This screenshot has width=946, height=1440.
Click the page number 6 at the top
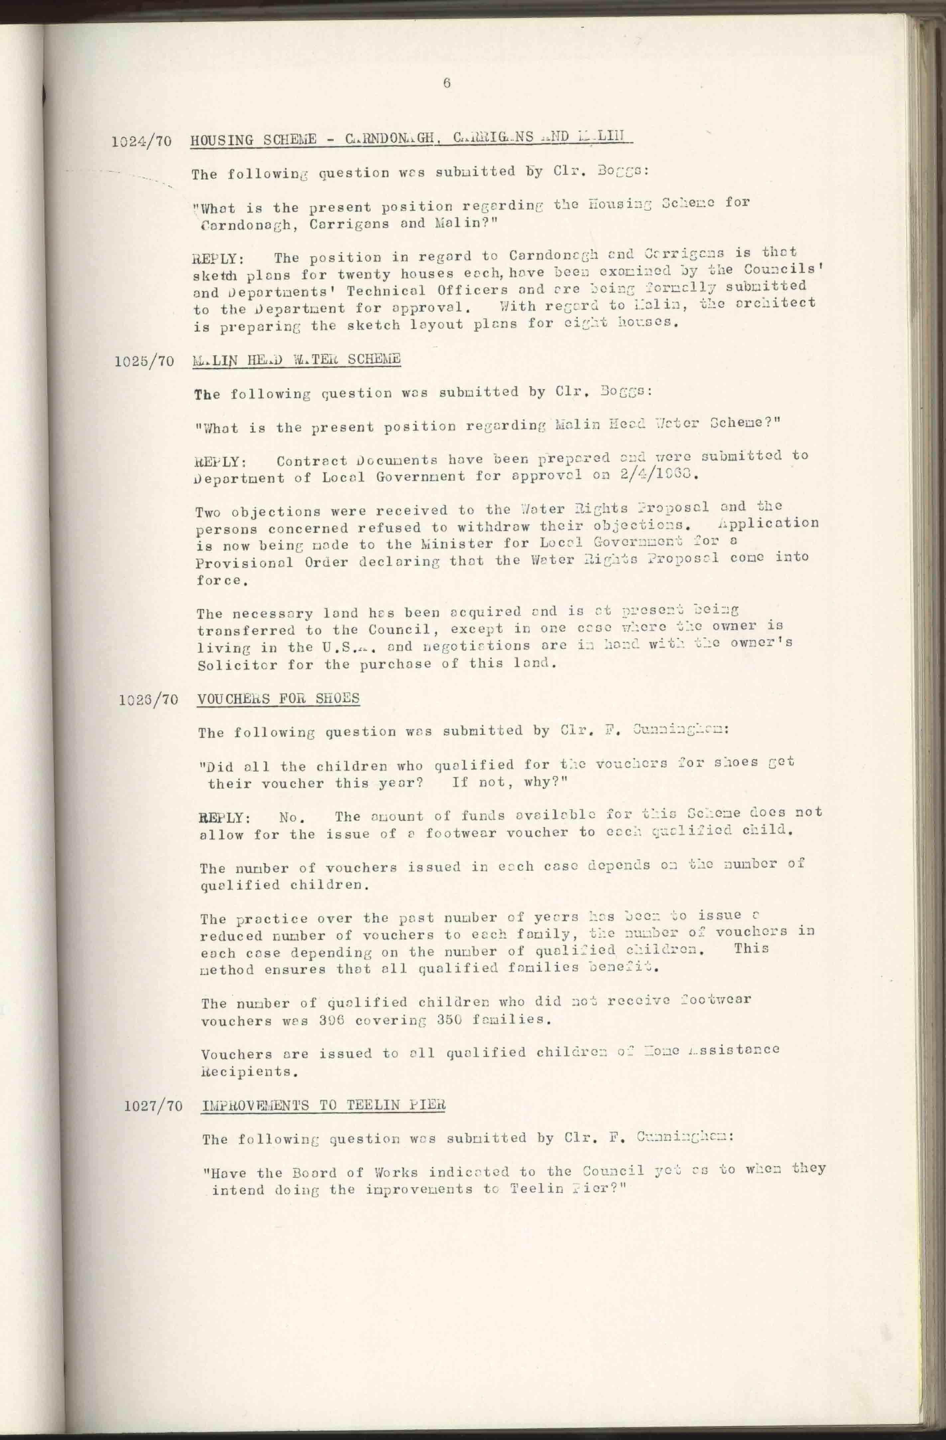447,83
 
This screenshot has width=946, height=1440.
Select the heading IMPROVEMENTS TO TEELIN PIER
324,1104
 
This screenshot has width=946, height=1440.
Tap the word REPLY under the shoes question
224,817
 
